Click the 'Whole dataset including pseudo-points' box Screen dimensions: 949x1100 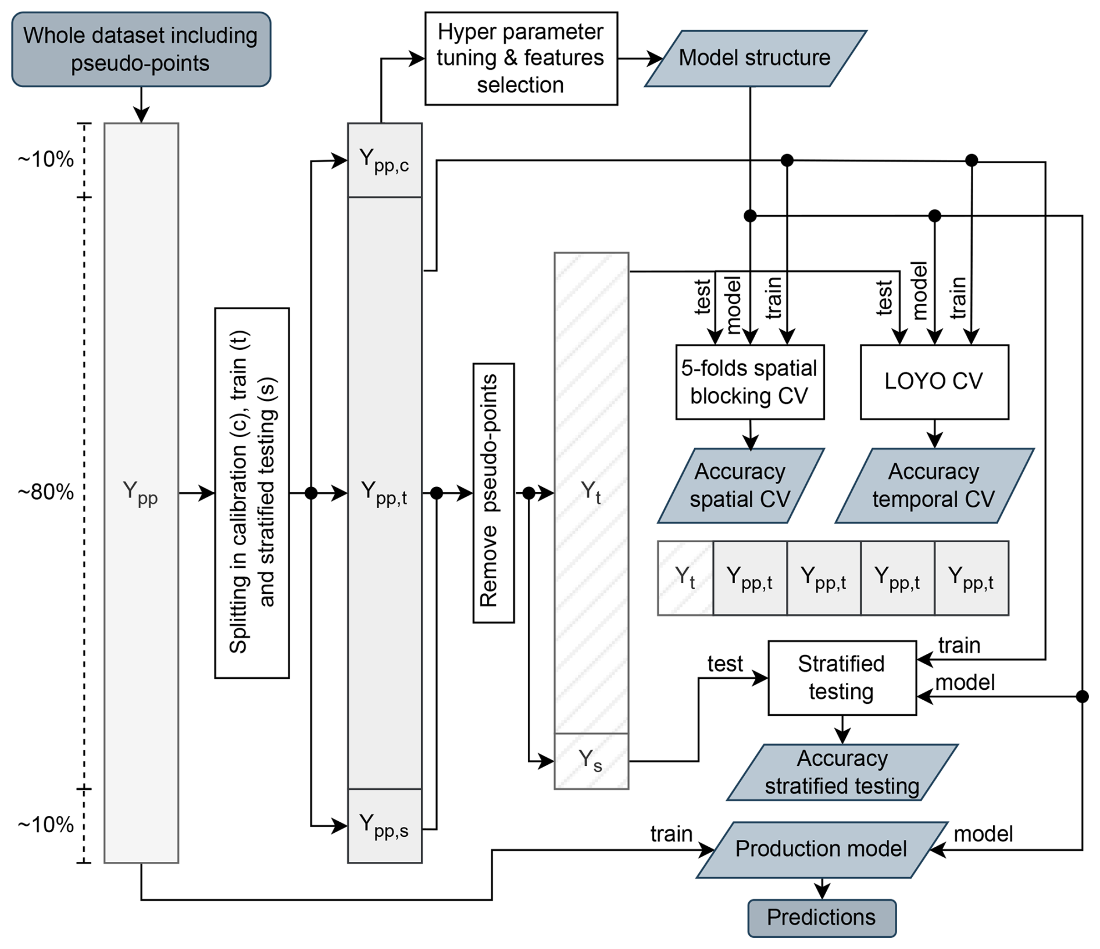(x=141, y=49)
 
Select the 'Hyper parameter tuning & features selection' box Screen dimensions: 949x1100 (x=521, y=58)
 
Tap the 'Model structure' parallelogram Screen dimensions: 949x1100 (x=755, y=58)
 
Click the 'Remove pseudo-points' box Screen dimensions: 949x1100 (x=493, y=493)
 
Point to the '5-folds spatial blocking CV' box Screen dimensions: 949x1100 (x=749, y=382)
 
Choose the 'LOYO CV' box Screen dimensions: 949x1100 (x=934, y=382)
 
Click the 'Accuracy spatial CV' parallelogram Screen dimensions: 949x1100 (x=740, y=485)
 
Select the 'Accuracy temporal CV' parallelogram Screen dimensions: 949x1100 (x=934, y=485)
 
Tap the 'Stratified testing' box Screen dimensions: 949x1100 (x=842, y=678)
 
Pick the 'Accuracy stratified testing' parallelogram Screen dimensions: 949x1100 (x=842, y=772)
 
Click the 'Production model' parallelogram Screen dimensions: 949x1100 (x=821, y=849)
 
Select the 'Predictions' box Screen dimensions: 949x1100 (x=821, y=918)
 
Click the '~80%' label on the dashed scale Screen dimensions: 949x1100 (x=46, y=492)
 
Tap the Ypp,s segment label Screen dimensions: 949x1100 (x=384, y=826)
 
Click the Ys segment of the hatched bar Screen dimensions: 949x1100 (x=591, y=761)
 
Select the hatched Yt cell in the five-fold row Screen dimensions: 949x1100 (x=685, y=578)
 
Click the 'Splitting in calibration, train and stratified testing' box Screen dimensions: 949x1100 (x=252, y=493)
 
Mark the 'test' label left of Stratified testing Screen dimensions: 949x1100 (x=724, y=664)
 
